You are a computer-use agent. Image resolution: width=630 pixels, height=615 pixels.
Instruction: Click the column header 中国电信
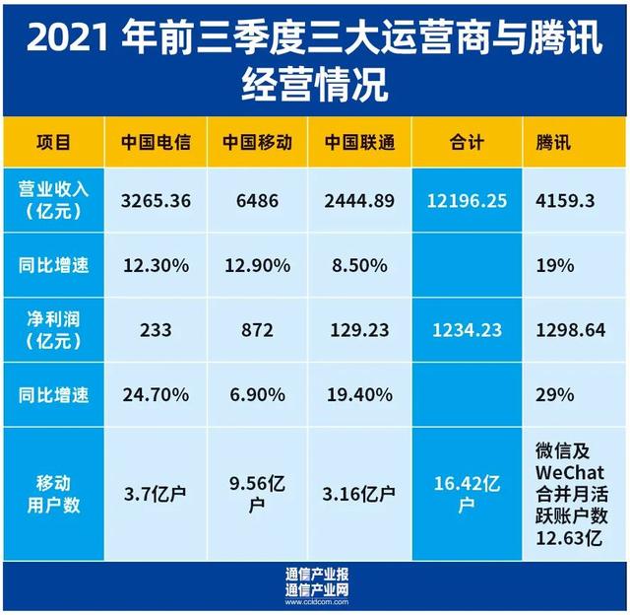point(157,143)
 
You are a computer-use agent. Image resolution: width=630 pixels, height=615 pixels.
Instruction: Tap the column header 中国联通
point(359,143)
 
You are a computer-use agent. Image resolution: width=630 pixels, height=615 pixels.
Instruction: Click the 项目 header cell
point(54,143)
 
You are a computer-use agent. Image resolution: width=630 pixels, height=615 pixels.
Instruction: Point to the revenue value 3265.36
point(157,200)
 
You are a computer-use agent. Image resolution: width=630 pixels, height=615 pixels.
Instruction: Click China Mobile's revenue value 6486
point(256,200)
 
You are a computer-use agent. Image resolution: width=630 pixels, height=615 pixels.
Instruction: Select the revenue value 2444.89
point(359,200)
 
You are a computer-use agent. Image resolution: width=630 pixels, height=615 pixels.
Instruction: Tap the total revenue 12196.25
point(468,200)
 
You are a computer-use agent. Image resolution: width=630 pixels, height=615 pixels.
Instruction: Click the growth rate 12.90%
point(256,265)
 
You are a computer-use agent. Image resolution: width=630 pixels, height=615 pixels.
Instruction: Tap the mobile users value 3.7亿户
point(157,493)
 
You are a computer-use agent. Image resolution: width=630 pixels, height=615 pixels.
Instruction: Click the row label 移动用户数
point(54,493)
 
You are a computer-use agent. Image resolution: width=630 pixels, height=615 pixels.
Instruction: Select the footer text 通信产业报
point(315,574)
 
